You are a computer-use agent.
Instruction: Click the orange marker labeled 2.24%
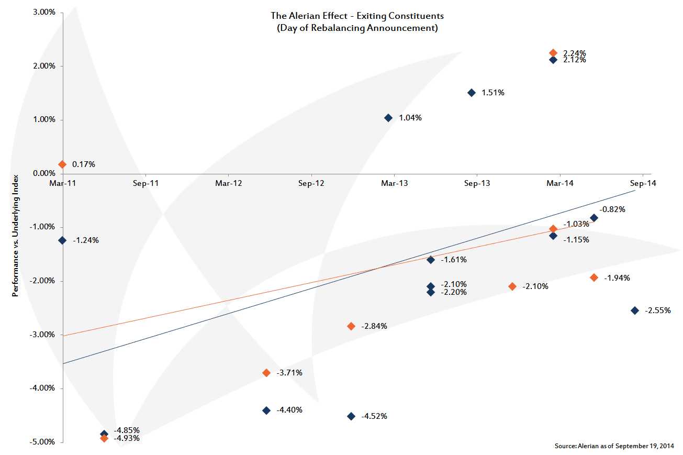(x=553, y=53)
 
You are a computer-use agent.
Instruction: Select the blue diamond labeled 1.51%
(x=471, y=93)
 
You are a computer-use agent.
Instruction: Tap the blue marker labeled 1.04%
(x=388, y=118)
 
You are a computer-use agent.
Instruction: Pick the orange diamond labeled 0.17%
(x=62, y=164)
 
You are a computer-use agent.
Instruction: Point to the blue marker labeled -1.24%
(x=62, y=240)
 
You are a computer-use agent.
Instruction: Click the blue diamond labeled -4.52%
(x=351, y=416)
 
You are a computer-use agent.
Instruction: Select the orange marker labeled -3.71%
(x=266, y=373)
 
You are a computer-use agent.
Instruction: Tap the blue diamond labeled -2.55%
(x=635, y=310)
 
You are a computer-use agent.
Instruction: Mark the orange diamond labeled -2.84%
(x=351, y=326)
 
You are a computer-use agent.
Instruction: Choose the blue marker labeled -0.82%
(x=594, y=218)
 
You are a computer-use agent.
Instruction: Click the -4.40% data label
(x=289, y=410)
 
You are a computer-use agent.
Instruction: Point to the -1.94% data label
(x=617, y=278)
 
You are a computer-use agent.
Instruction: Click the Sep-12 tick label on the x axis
(x=311, y=183)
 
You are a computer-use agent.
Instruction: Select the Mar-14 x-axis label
(x=560, y=183)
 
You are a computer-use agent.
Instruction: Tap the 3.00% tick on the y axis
(x=44, y=12)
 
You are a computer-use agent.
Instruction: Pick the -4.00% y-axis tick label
(x=43, y=388)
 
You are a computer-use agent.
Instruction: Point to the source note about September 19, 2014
(x=614, y=446)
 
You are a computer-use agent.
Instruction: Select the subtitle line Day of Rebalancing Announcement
(x=357, y=28)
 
